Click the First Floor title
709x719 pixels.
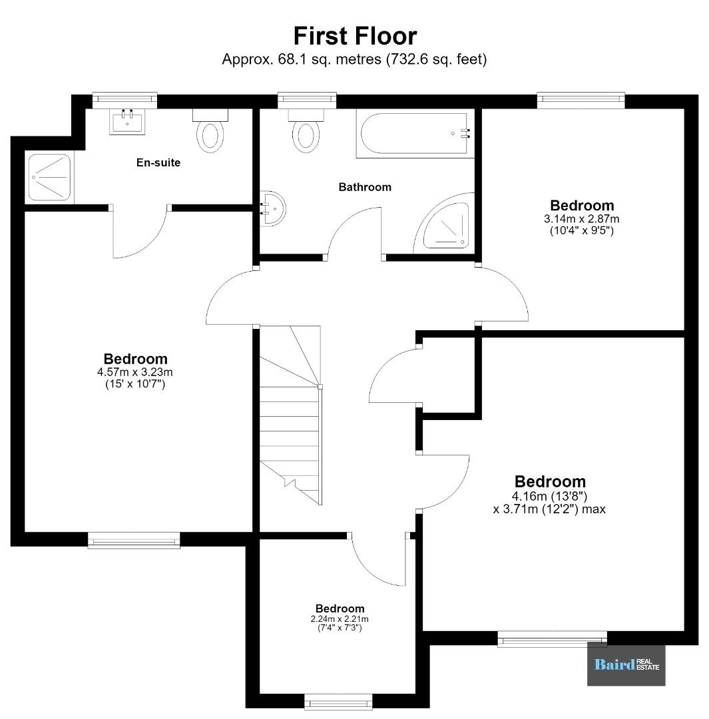(x=355, y=36)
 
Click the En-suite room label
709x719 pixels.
(x=158, y=162)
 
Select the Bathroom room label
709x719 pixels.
(x=365, y=187)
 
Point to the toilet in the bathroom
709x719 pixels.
(x=306, y=130)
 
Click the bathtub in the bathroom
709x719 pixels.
(x=415, y=133)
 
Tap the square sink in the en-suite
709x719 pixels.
(x=127, y=122)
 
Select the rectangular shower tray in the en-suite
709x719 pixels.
(x=49, y=178)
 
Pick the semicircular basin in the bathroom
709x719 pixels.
(x=272, y=208)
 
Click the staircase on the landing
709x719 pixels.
(x=290, y=415)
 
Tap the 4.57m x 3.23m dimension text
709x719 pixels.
(x=135, y=372)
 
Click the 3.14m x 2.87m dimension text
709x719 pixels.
(x=581, y=219)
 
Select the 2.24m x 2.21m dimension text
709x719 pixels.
(x=340, y=618)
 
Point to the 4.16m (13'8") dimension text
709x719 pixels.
(x=549, y=496)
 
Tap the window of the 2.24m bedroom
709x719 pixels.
(x=338, y=702)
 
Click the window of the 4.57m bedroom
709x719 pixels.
(x=134, y=540)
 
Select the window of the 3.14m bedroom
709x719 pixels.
(x=581, y=101)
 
